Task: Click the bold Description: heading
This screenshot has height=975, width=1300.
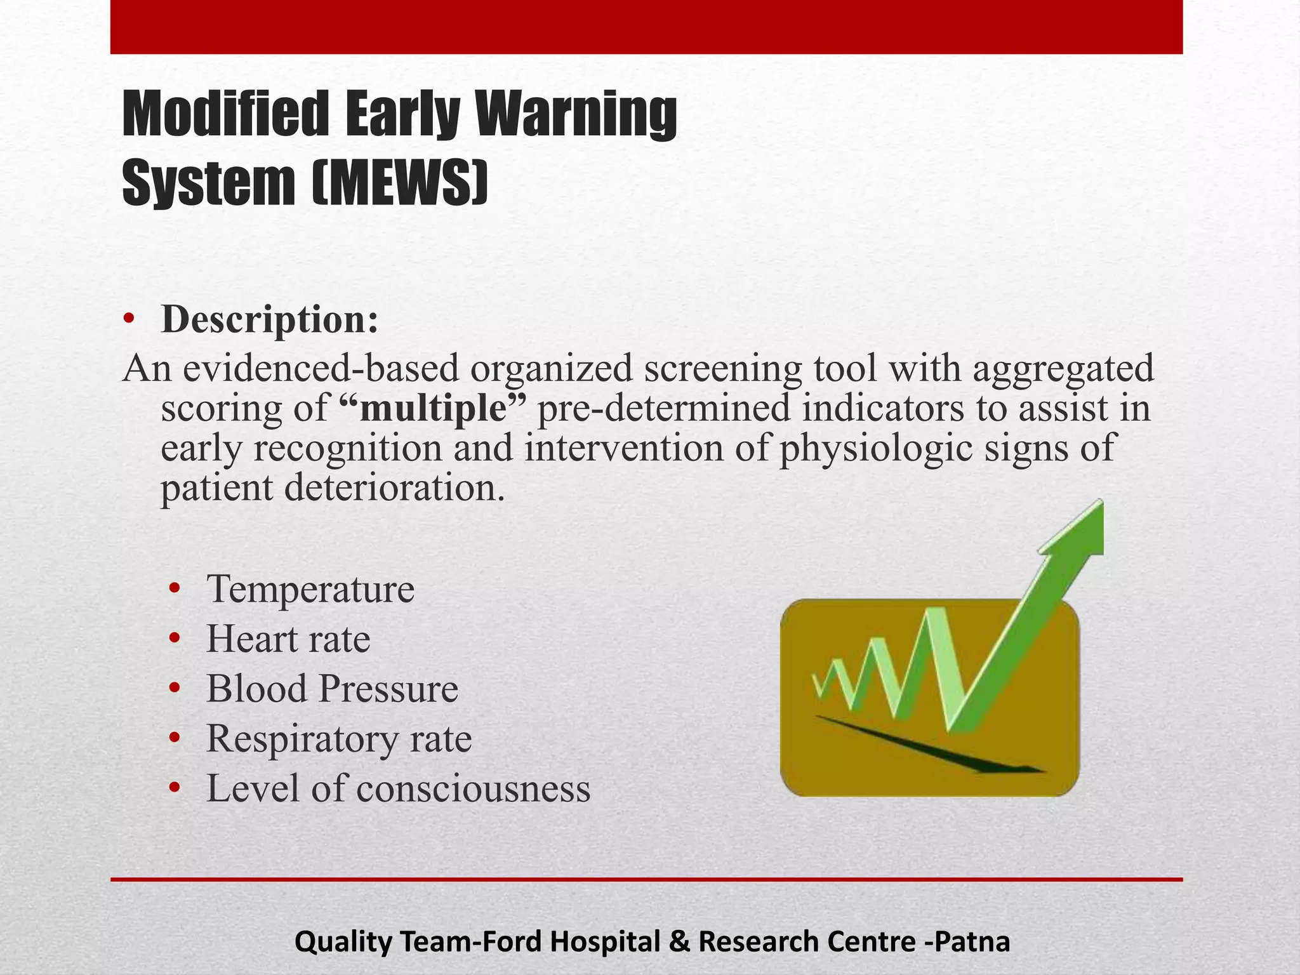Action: (x=270, y=319)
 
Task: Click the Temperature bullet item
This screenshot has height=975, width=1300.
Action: (x=310, y=589)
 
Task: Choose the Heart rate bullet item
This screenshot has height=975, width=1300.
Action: (x=288, y=639)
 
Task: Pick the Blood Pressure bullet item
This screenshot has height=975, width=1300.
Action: (x=332, y=689)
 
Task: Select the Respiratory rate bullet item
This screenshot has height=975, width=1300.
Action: (x=339, y=738)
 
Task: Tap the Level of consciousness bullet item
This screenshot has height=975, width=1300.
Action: (x=398, y=788)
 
